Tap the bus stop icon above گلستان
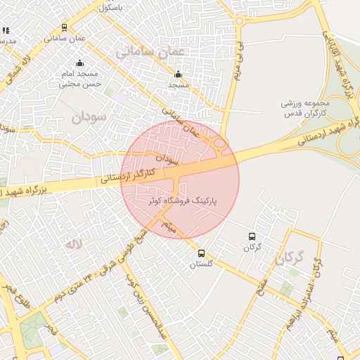click(202, 254)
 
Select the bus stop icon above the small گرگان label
click(252, 237)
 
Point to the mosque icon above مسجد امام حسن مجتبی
click(79, 63)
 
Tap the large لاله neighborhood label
click(73, 244)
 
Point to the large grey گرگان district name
click(289, 259)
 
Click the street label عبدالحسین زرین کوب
click(148, 311)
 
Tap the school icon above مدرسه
click(6, 31)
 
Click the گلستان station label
click(201, 264)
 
